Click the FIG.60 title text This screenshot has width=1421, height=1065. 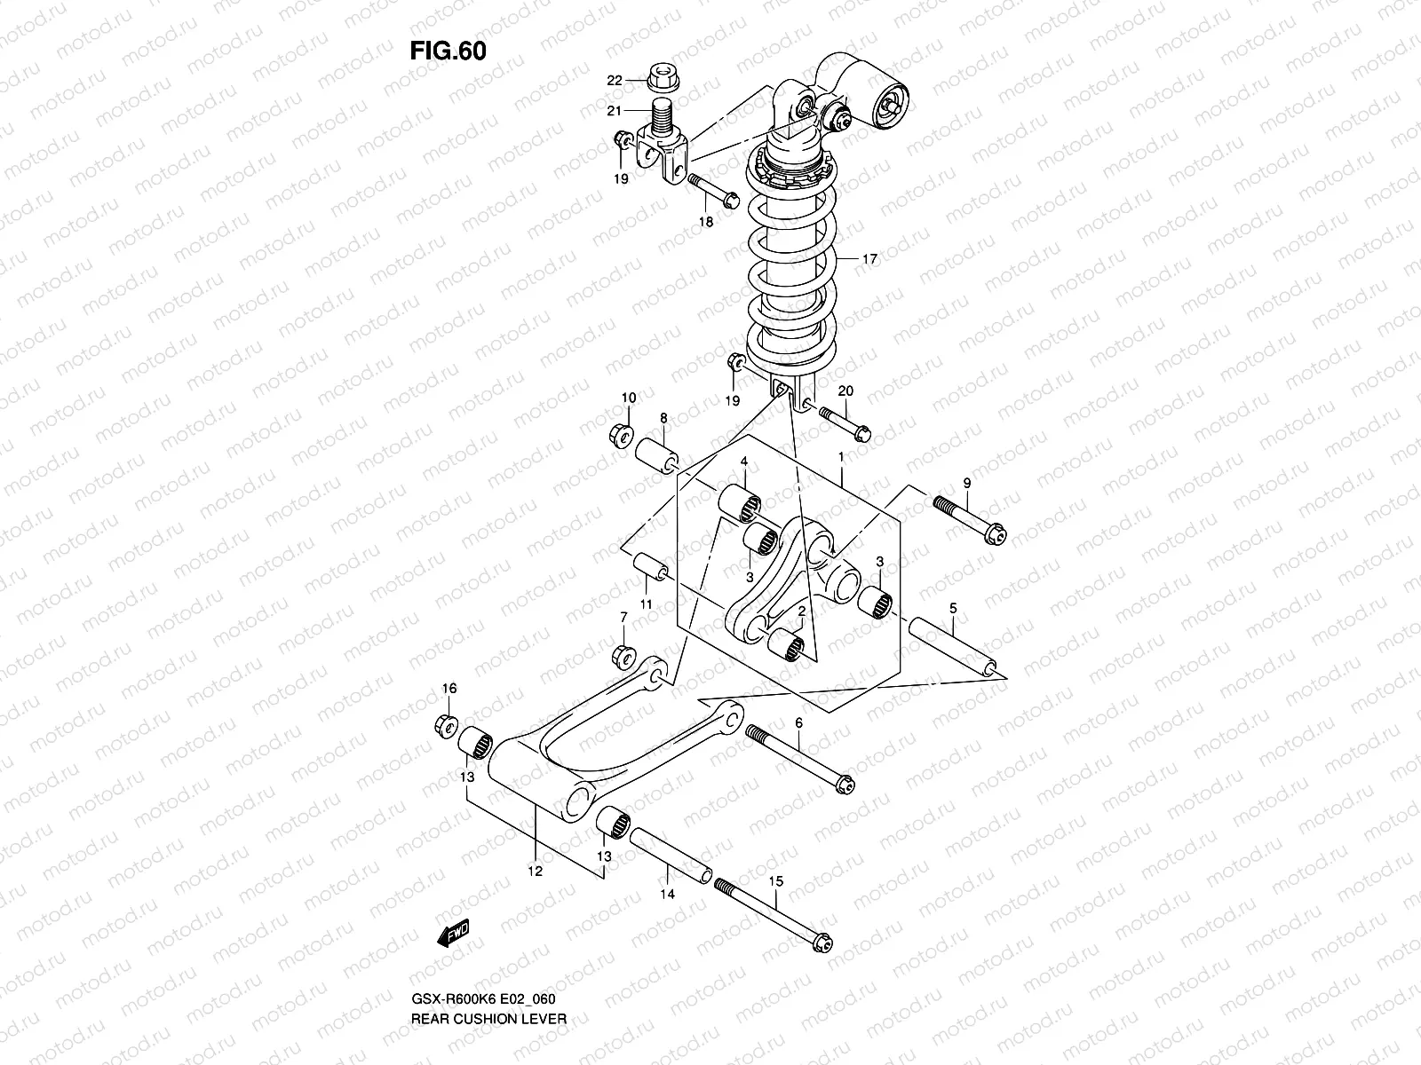[x=448, y=51]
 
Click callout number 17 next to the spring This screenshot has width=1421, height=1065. [x=869, y=259]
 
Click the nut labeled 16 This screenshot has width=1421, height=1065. [x=448, y=724]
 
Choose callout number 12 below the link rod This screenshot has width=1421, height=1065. [x=535, y=871]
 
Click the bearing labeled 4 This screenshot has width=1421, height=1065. [x=742, y=503]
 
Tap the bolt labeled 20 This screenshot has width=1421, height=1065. [x=844, y=422]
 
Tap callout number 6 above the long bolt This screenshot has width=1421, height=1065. [x=798, y=724]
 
